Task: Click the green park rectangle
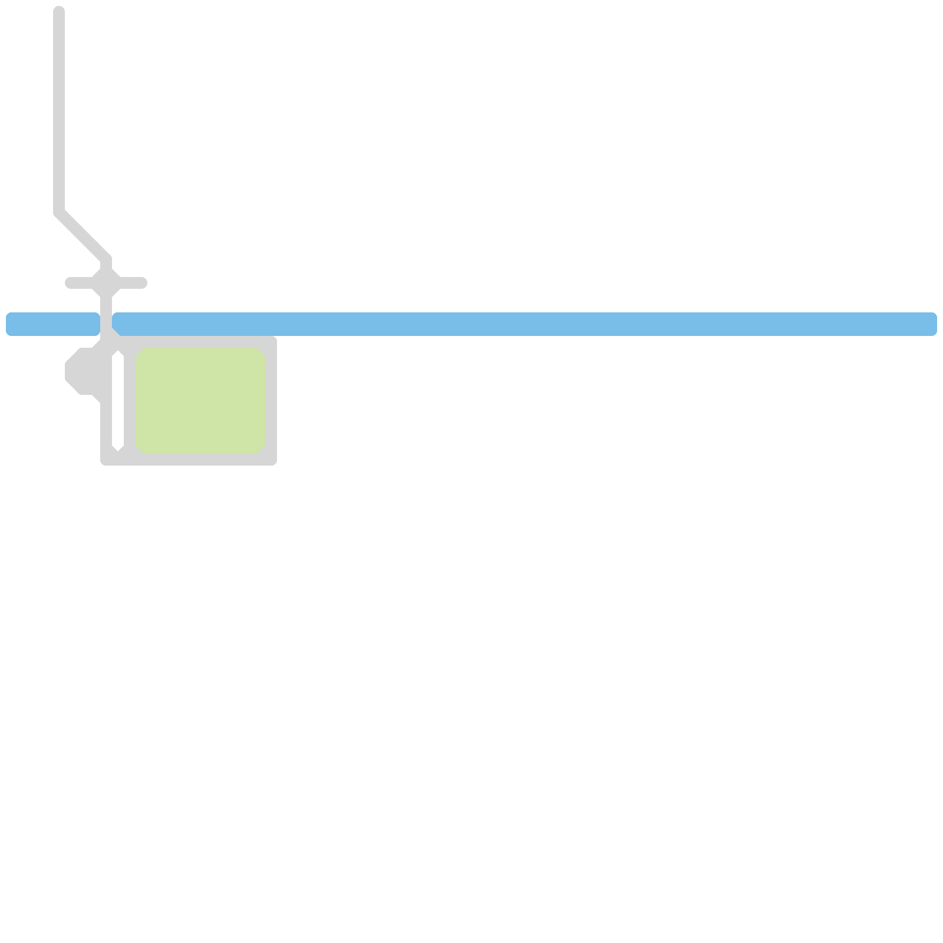[200, 401]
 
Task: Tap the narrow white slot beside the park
[118, 401]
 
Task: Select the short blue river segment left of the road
[53, 324]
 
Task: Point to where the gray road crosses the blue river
[106, 324]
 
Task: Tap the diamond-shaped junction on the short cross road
[106, 283]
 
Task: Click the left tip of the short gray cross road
[69, 283]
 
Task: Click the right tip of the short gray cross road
[143, 283]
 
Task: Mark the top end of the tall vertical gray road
[59, 10]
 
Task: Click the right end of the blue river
[933, 324]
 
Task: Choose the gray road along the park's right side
[271, 401]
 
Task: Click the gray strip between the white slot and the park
[130, 401]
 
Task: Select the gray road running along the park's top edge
[194, 342]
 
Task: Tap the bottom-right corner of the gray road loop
[271, 459]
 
